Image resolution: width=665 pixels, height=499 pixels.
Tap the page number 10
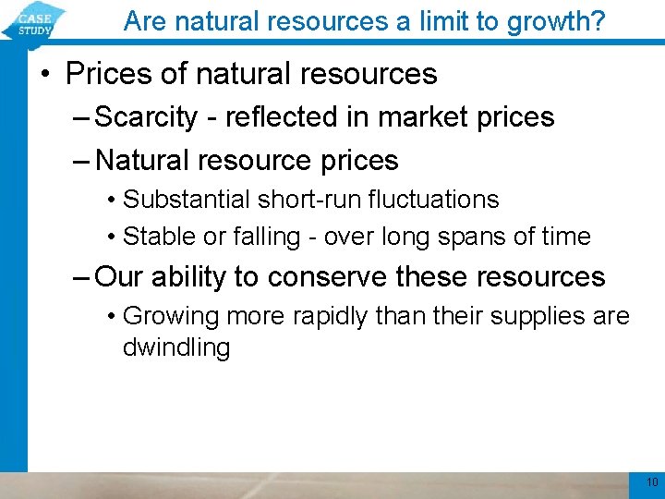click(652, 482)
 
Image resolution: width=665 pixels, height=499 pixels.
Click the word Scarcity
click(147, 117)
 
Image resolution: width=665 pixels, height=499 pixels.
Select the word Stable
click(153, 237)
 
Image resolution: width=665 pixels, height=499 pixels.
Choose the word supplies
click(534, 317)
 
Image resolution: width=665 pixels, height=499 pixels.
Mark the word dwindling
click(176, 348)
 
